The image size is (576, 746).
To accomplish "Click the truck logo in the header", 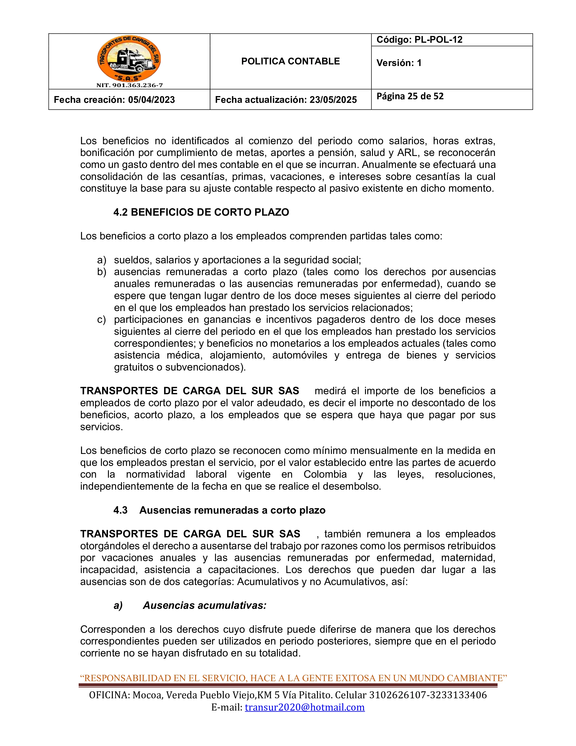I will point(129,59).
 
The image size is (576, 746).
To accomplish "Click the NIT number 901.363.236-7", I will point(129,85).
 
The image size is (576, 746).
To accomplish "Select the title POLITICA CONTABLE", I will point(290,61).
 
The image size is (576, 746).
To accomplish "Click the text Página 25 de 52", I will point(410,96).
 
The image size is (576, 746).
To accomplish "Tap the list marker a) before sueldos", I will point(102,260).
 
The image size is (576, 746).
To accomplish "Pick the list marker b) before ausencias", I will point(102,272).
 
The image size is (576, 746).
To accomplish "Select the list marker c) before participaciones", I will point(102,320).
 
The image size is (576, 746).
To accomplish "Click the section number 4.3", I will point(120,510).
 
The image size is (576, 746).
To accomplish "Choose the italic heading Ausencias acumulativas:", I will point(204,606).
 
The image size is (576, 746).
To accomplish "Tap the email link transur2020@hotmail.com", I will point(305,707).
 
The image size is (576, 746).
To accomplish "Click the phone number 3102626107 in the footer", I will point(396,695).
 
